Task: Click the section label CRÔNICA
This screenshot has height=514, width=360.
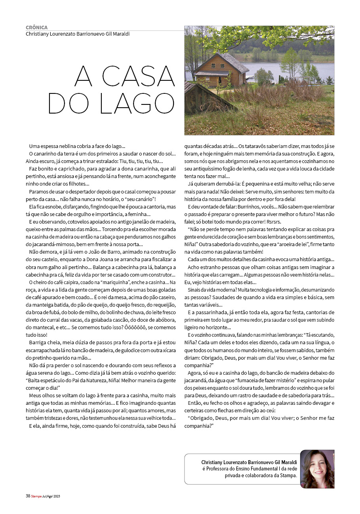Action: [36, 28]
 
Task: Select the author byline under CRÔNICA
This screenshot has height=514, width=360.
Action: [78, 34]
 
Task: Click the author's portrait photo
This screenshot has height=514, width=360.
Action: [317, 469]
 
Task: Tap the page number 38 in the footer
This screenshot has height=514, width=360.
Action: [28, 496]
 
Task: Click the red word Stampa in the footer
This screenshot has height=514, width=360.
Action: [36, 496]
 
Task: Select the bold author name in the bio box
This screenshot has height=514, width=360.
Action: [249, 462]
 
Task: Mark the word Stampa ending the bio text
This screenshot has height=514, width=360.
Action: [288, 476]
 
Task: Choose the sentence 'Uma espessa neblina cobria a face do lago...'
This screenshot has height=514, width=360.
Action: [77, 146]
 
